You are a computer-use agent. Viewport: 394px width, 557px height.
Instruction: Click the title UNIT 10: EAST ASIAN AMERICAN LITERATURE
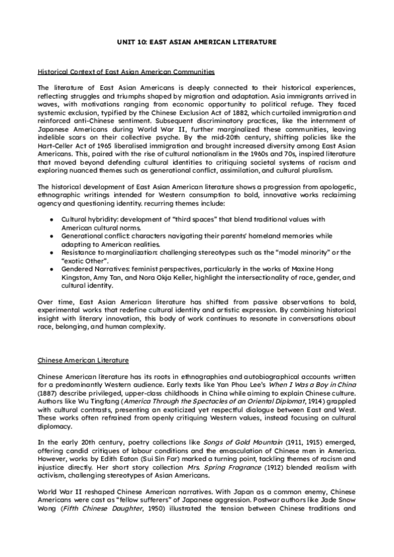(197, 41)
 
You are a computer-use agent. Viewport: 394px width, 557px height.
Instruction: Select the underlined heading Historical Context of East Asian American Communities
(125, 71)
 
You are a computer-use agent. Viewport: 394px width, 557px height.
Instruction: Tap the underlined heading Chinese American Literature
(83, 361)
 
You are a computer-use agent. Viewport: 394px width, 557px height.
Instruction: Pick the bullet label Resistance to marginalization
(105, 252)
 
